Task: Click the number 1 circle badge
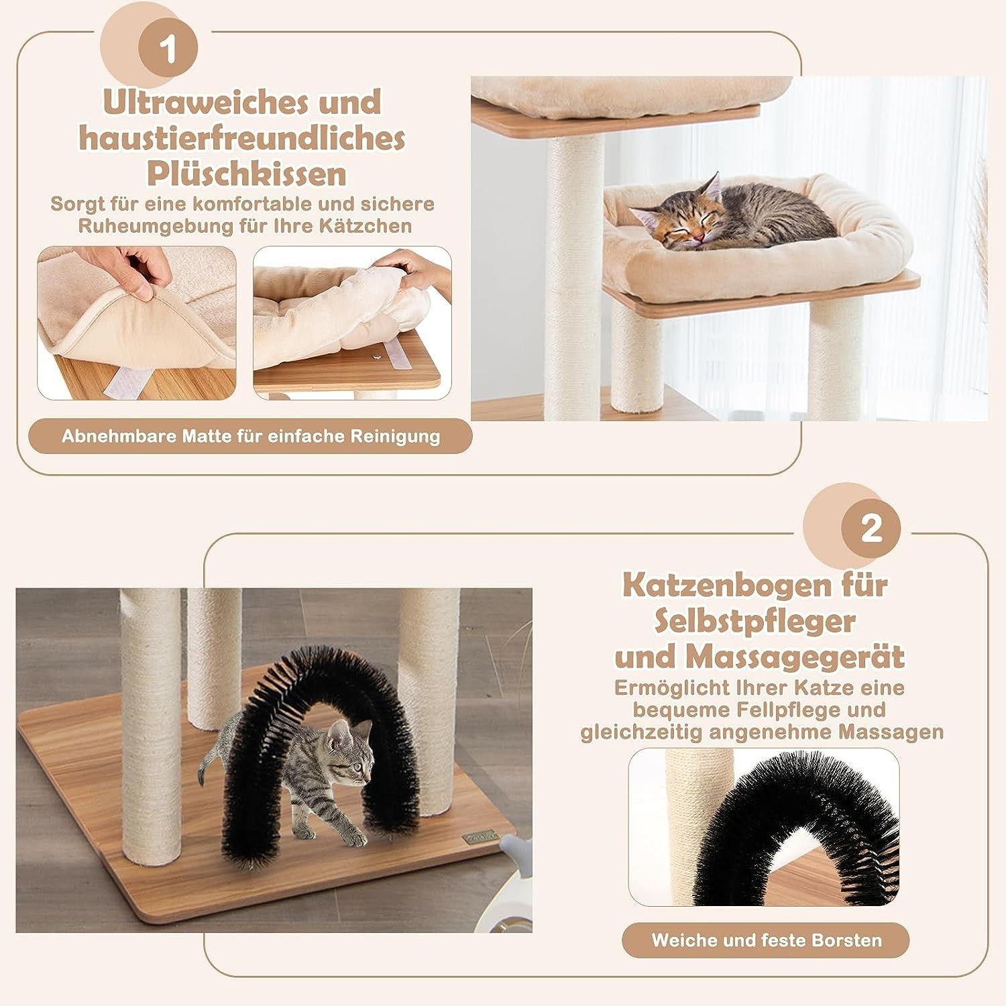tap(168, 51)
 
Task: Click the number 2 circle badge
tap(871, 530)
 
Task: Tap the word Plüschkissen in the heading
tap(247, 174)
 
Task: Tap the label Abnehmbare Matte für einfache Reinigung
tap(251, 437)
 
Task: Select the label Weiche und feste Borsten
tap(767, 940)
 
